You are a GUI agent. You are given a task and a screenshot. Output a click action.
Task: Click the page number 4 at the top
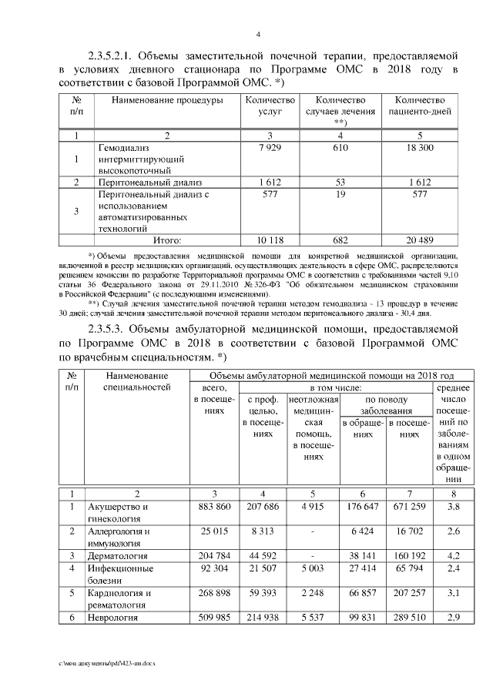click(258, 34)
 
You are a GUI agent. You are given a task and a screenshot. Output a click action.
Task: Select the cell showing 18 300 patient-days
click(420, 146)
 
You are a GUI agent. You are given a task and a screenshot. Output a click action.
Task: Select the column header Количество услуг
click(270, 106)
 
